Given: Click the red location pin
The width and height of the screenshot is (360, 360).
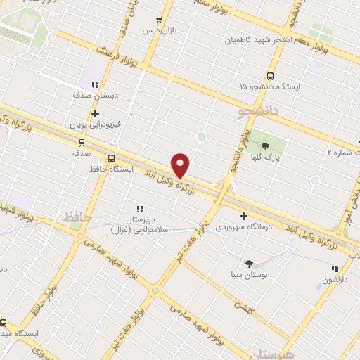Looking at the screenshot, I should pyautogui.click(x=181, y=165).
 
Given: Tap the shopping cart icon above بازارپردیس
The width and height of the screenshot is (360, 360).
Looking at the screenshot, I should pyautogui.click(x=160, y=20).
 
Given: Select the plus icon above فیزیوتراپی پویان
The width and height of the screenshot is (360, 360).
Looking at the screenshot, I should pyautogui.click(x=95, y=112).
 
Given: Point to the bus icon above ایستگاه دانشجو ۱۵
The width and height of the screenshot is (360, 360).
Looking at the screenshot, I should pyautogui.click(x=270, y=77).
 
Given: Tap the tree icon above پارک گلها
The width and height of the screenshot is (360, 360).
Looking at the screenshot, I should pyautogui.click(x=265, y=146).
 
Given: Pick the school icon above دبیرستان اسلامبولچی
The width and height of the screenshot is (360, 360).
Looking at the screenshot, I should pyautogui.click(x=140, y=209).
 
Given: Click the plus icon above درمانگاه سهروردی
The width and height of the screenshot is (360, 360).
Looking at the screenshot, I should pyautogui.click(x=243, y=217).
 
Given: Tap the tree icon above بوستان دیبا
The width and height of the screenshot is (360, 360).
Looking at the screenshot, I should pyautogui.click(x=249, y=263).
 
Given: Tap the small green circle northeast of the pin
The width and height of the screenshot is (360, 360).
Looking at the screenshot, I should pyautogui.click(x=202, y=136).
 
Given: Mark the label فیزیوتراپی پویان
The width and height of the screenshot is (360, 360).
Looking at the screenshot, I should pyautogui.click(x=95, y=124).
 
